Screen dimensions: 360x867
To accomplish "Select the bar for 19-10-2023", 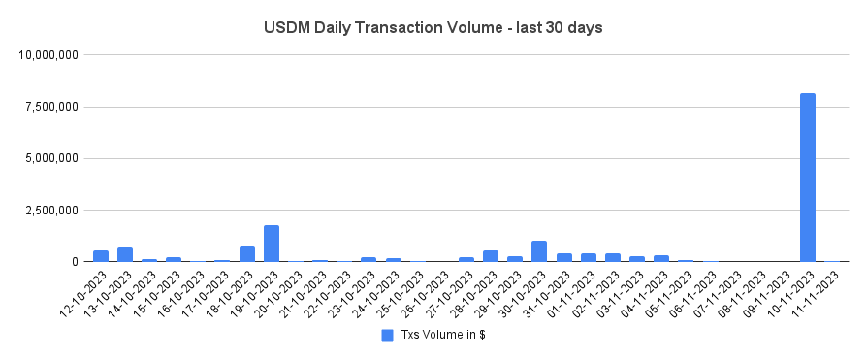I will tap(272, 244).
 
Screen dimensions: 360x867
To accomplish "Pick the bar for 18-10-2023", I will tap(247, 254).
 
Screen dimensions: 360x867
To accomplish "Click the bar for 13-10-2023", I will tap(125, 254).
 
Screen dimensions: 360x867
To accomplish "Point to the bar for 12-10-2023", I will tap(101, 256).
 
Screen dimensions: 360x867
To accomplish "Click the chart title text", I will tap(433, 27).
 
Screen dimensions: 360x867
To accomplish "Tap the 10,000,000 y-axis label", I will tap(49, 55).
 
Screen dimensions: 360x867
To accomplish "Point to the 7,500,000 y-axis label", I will tap(52, 107).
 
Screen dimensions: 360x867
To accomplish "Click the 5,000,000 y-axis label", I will tap(52, 158).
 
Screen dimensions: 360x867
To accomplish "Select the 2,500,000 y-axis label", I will tap(52, 210).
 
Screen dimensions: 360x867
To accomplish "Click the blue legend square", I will tap(387, 335).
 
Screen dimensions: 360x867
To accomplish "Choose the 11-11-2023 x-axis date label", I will tap(817, 291).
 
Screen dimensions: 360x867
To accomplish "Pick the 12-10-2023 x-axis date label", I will tap(85, 291).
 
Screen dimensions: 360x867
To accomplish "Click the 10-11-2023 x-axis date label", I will tap(792, 291).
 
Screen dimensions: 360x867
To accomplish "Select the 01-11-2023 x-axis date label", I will tap(573, 291).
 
